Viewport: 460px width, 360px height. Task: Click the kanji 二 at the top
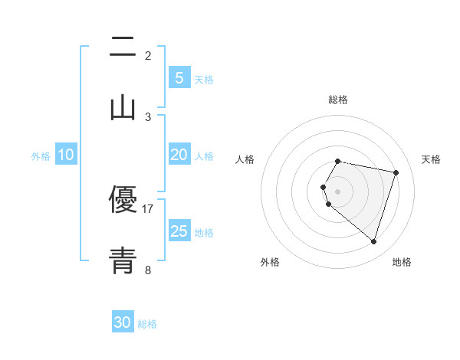click(123, 47)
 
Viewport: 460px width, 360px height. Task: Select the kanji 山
click(123, 108)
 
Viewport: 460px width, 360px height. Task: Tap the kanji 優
click(123, 200)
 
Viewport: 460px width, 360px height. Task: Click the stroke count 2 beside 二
click(148, 56)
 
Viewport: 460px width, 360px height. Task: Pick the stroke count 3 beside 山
click(148, 117)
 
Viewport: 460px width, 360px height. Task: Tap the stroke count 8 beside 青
click(148, 270)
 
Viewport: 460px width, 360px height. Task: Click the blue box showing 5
click(179, 78)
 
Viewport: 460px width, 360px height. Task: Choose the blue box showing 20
click(179, 155)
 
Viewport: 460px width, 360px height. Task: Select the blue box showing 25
click(179, 231)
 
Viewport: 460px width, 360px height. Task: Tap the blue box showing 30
click(123, 322)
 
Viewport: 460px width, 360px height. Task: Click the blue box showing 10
click(66, 155)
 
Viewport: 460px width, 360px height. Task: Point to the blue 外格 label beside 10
click(41, 156)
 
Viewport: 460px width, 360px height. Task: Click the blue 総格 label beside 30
click(147, 324)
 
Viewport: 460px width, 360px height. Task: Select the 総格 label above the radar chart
click(338, 100)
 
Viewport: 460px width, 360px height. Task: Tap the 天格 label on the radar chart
click(431, 159)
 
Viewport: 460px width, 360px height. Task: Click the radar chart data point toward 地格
click(374, 242)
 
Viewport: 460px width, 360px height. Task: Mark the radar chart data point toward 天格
click(396, 172)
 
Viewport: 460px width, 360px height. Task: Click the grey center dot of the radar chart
click(338, 191)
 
